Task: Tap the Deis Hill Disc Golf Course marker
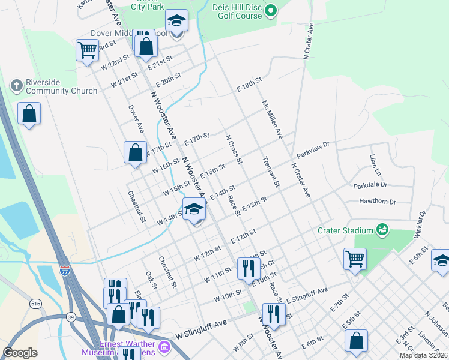tap(271, 10)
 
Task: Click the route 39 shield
tap(71, 317)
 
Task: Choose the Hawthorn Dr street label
tap(378, 202)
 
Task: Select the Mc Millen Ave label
tap(272, 120)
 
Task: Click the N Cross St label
tap(234, 149)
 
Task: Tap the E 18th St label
tap(249, 80)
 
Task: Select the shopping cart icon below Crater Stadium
tap(355, 259)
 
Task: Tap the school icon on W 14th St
tap(194, 209)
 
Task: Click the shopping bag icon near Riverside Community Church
tap(29, 113)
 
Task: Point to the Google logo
tap(20, 353)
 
